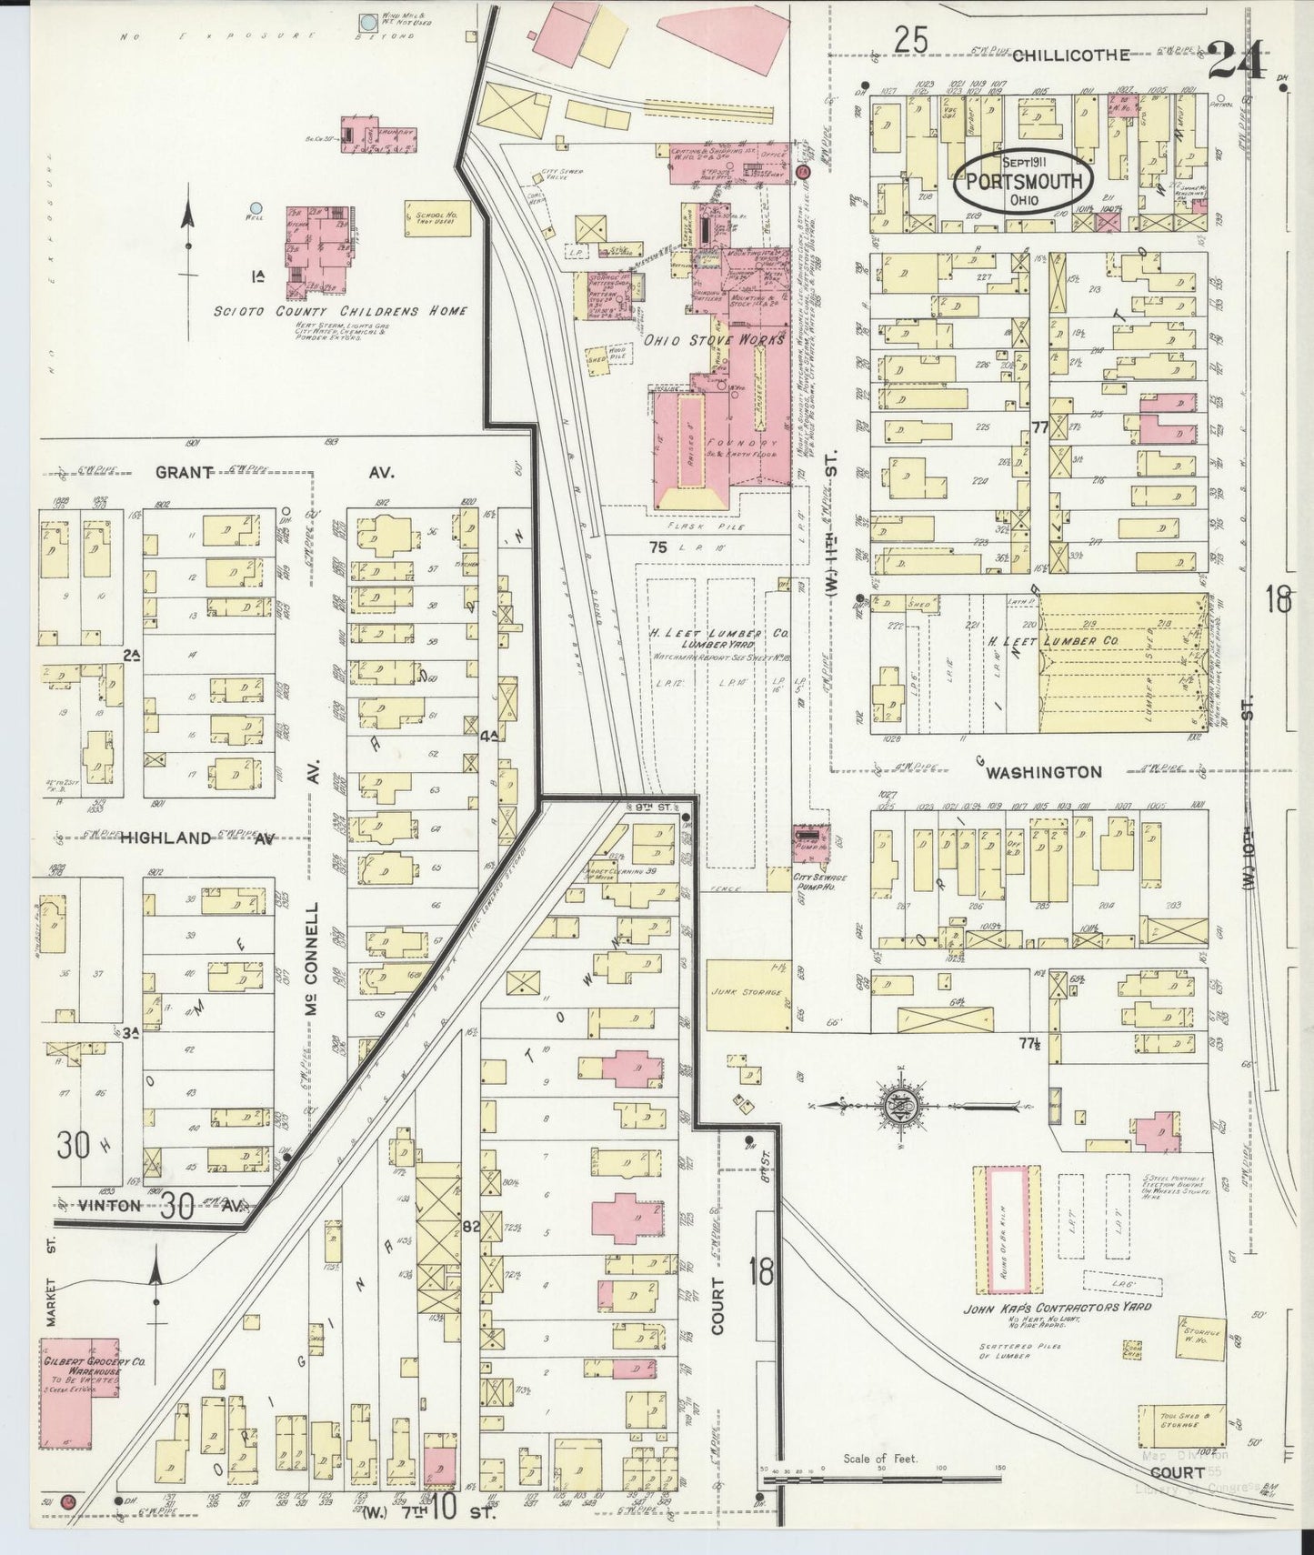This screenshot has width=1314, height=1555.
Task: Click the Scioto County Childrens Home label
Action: (341, 311)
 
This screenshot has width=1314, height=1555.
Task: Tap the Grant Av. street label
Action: (185, 472)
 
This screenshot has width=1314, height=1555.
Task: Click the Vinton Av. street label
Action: (111, 1205)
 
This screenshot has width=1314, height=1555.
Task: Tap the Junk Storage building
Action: (745, 994)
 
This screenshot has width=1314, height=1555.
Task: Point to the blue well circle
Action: (257, 208)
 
